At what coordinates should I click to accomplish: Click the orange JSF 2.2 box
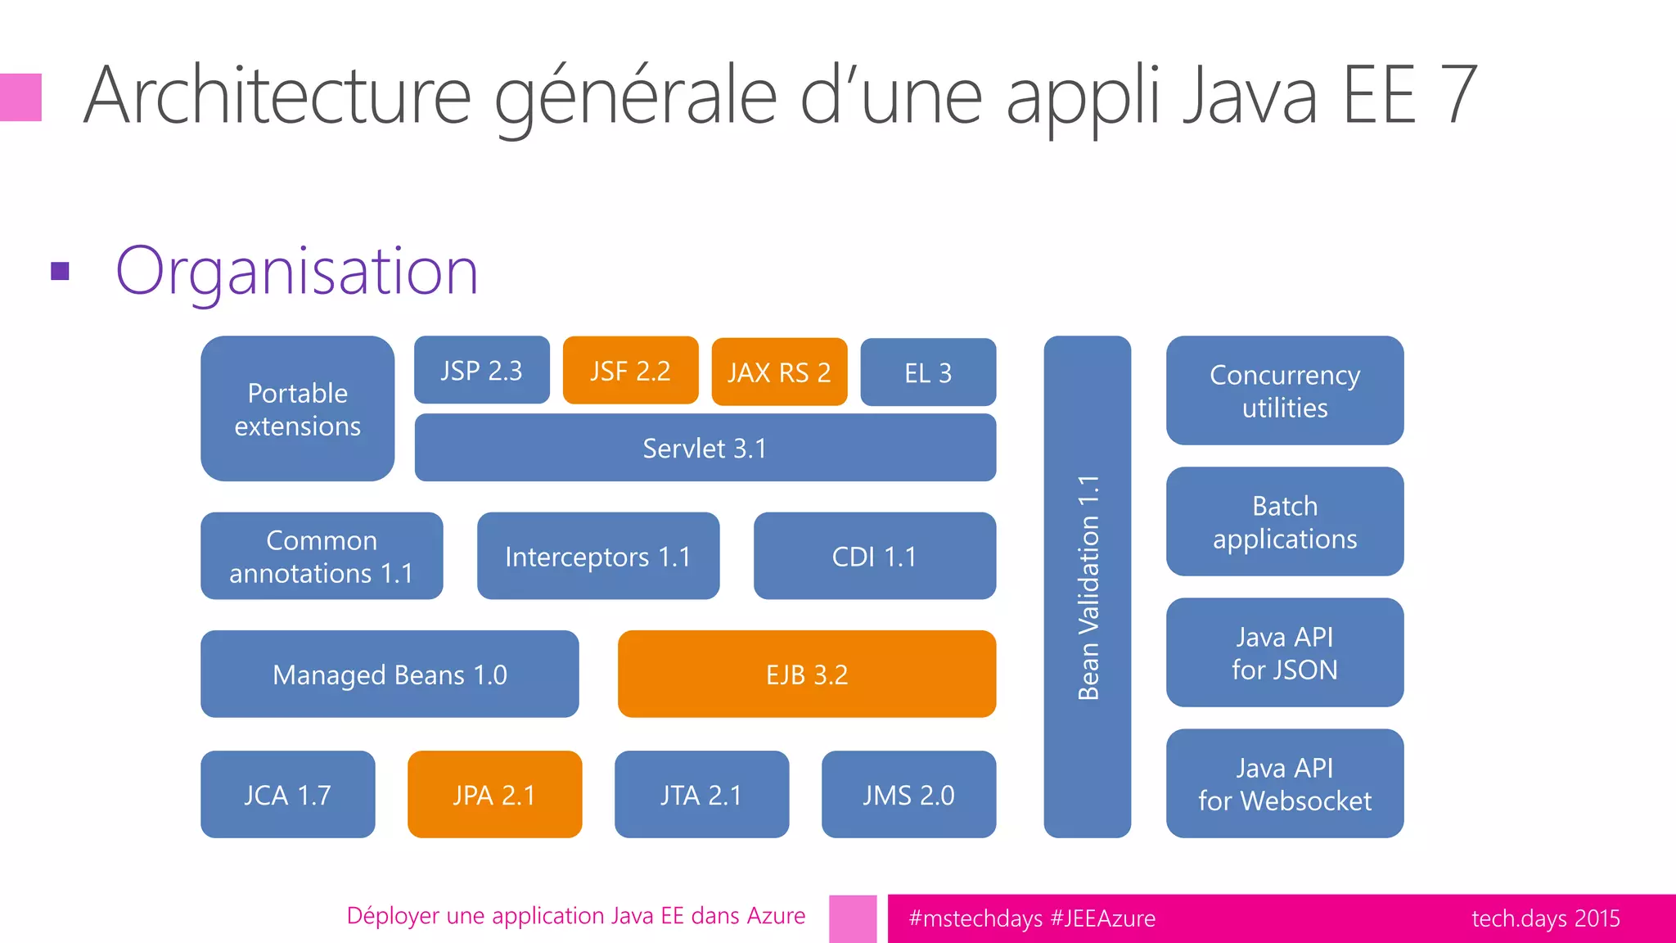point(630,370)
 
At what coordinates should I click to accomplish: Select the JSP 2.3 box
point(481,370)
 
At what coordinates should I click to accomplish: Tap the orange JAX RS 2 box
point(779,372)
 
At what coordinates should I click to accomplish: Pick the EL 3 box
point(928,372)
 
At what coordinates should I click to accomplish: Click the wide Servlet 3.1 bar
point(705,448)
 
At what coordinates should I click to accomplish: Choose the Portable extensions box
point(297,408)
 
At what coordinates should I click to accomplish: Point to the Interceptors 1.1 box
point(597,556)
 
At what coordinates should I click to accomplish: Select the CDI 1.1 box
point(874,556)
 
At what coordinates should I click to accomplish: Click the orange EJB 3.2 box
point(806,674)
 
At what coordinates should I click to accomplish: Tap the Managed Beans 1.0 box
point(390,674)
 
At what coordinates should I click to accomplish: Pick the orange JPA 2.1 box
point(494,794)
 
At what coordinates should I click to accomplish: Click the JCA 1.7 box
point(287,794)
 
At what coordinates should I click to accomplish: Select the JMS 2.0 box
point(908,794)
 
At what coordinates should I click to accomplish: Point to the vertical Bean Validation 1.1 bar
point(1087,586)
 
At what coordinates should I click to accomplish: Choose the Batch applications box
point(1284,521)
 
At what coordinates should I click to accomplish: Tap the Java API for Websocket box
point(1284,783)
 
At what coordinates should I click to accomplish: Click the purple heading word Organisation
point(296,271)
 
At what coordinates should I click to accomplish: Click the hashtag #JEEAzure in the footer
point(1102,918)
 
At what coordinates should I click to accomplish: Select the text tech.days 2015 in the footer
point(1545,918)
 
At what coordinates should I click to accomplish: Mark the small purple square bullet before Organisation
point(60,271)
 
